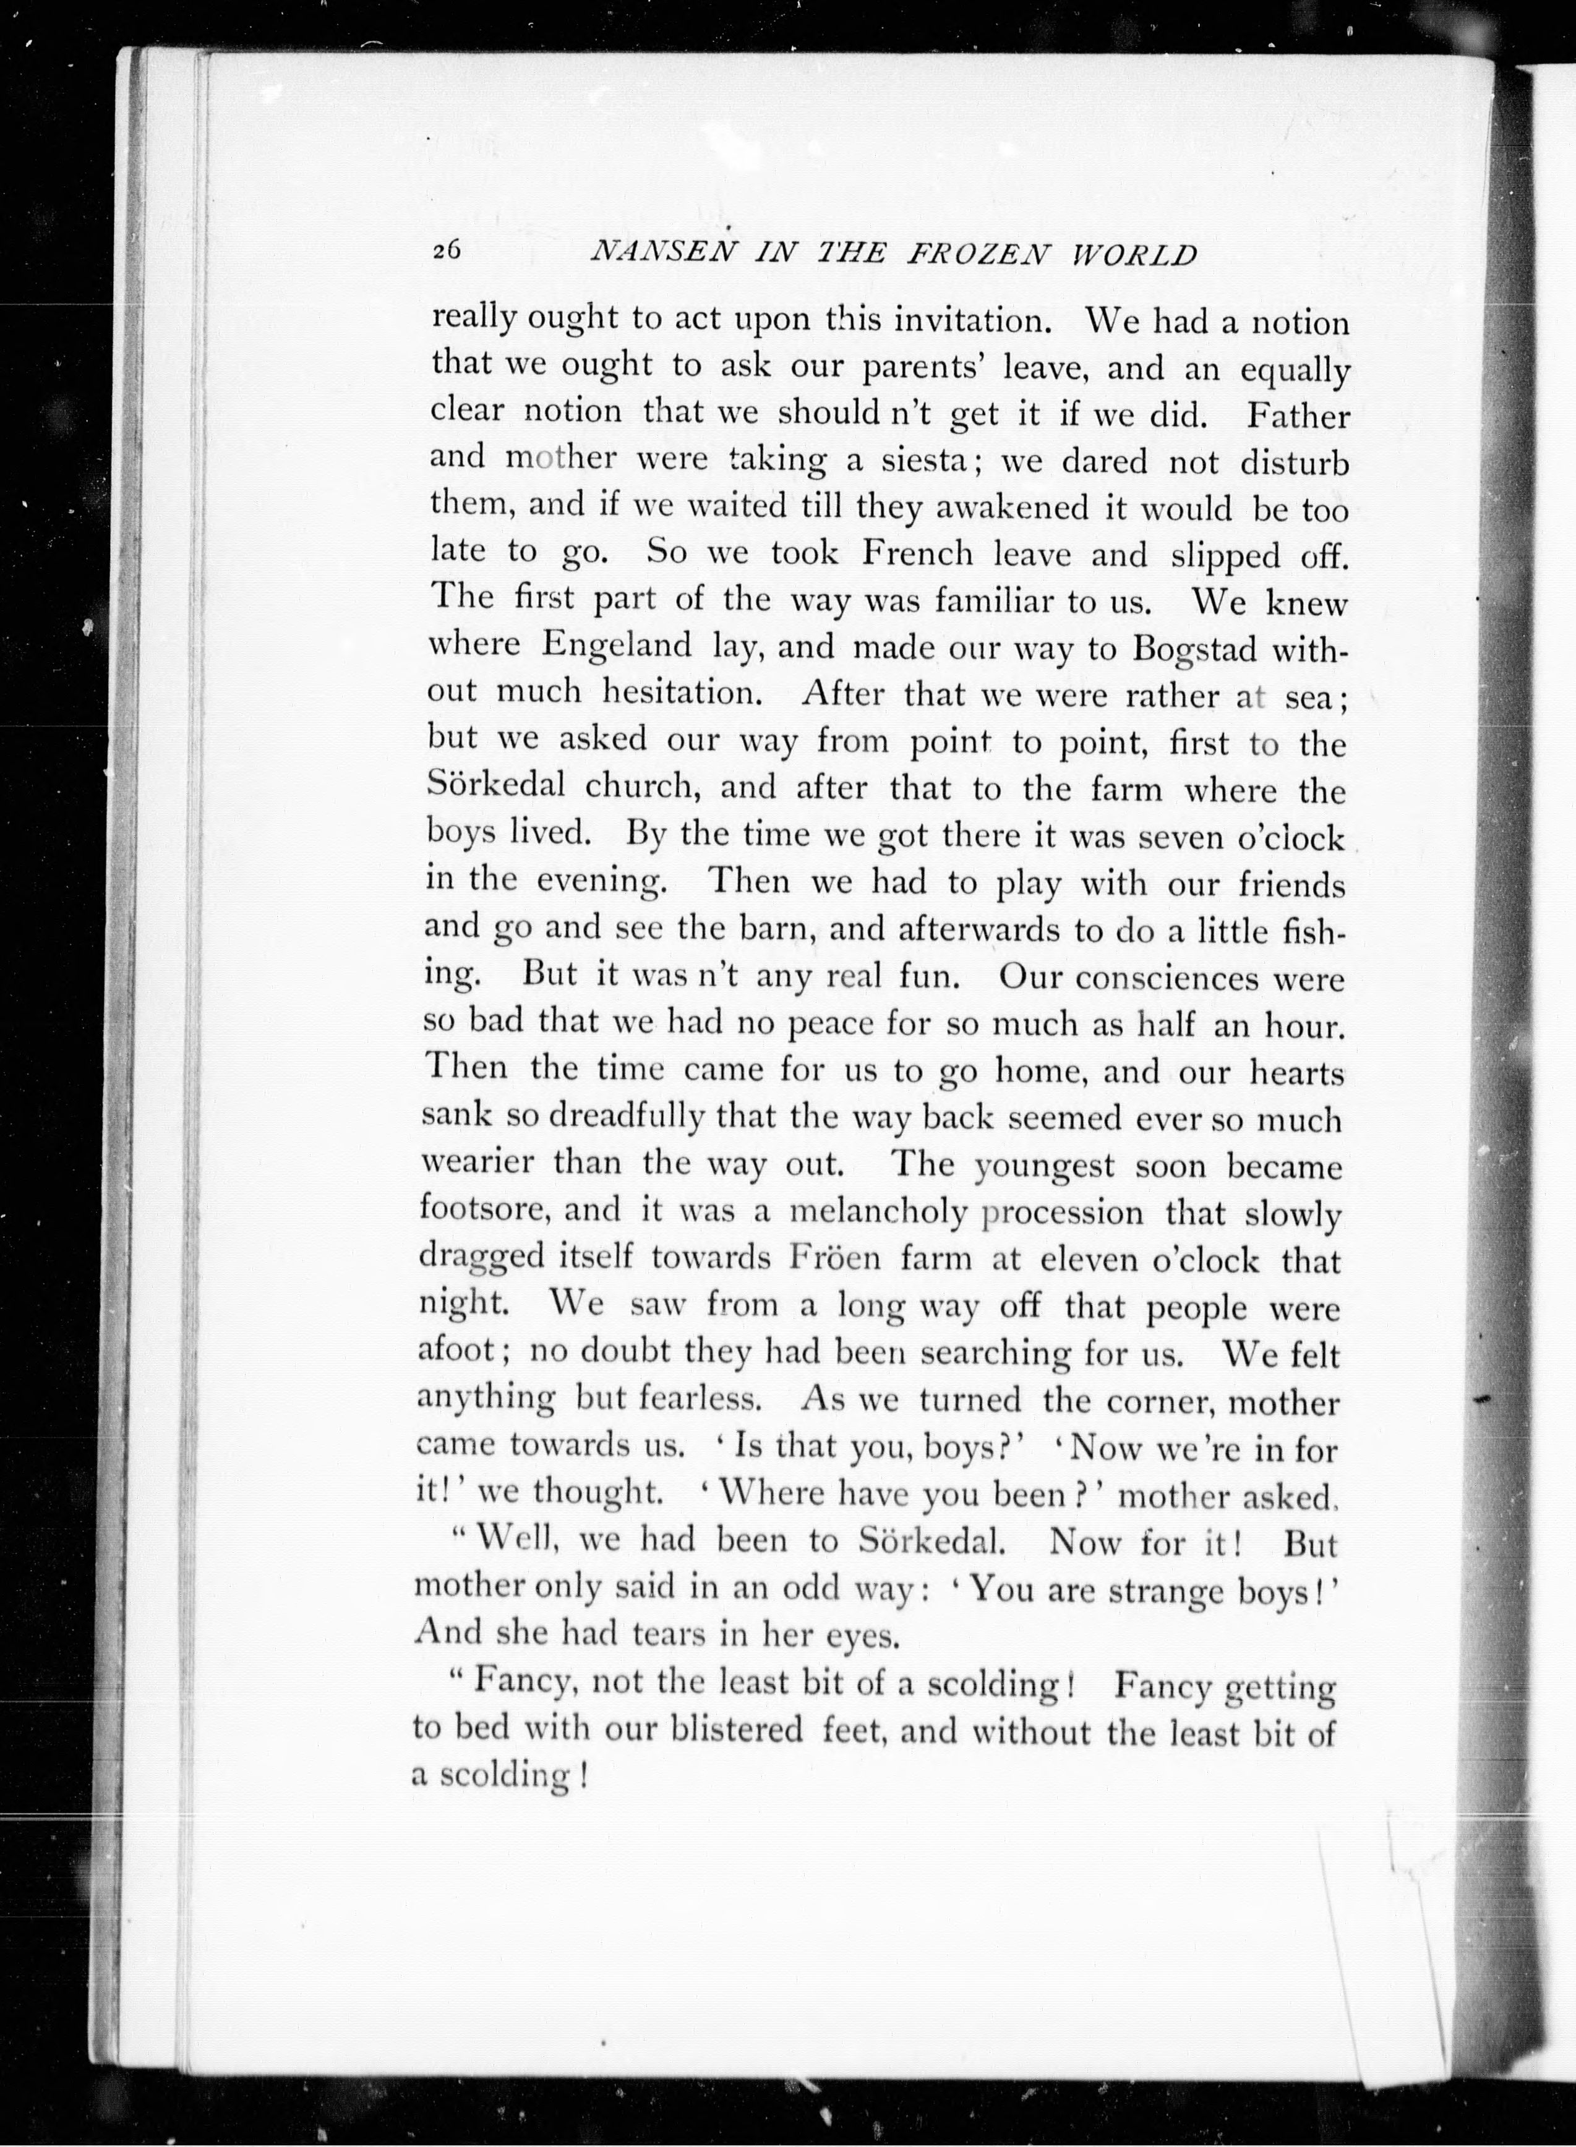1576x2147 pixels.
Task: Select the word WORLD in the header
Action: click(x=1134, y=255)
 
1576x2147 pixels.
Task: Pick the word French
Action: click(x=917, y=553)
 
